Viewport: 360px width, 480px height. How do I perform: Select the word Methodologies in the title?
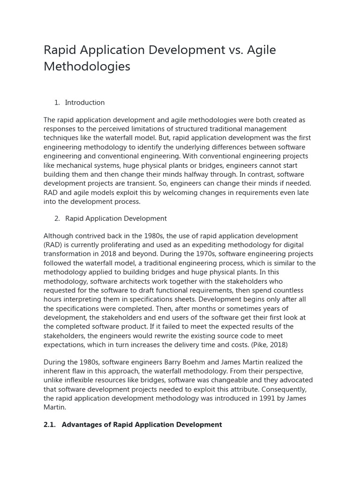(x=87, y=67)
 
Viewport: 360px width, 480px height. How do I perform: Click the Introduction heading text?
(x=85, y=103)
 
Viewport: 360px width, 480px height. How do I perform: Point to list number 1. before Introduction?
(x=57, y=103)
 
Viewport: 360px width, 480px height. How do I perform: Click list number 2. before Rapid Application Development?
(x=57, y=218)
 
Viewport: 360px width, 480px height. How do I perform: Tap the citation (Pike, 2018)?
(x=272, y=345)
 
